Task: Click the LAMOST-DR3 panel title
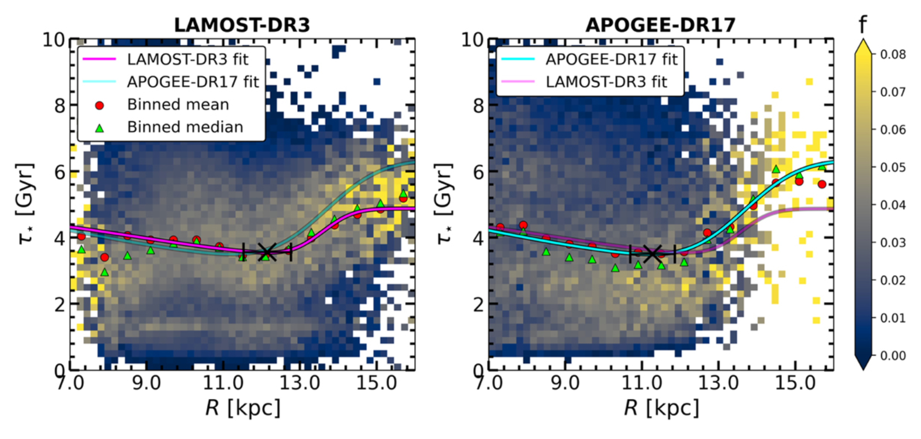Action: coord(242,25)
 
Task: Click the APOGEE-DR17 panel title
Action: coord(660,25)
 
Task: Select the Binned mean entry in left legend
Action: coord(178,105)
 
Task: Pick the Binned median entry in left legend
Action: coord(185,127)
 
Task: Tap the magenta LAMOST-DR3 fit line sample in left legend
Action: coord(99,59)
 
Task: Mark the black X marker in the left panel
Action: coord(267,252)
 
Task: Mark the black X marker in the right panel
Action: coord(652,254)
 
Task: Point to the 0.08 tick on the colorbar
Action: coord(893,55)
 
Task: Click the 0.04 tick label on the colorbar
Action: coord(893,205)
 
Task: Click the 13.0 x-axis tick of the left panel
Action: coord(300,383)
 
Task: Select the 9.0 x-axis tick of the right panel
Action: coord(565,383)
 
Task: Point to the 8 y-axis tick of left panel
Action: coord(60,106)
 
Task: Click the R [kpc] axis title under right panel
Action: coord(661,408)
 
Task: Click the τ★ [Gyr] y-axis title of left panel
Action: coord(26,204)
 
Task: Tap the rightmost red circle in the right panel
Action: coord(822,184)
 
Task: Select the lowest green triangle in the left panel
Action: coord(105,272)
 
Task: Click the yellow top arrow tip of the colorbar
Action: coord(863,40)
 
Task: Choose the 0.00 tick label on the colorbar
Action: coord(893,356)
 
